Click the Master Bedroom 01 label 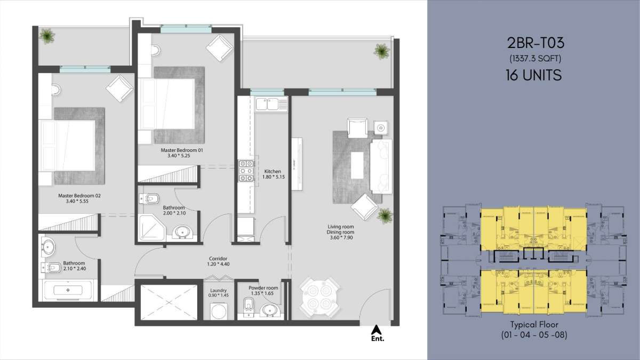(182, 150)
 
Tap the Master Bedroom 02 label (79, 196)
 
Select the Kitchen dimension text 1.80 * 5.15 (274, 177)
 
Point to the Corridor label (218, 259)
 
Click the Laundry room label (218, 290)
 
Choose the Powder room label (263, 288)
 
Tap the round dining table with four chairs (319, 298)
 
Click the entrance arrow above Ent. (377, 330)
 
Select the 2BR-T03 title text (535, 43)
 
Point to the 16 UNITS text (534, 75)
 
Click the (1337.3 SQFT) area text (535, 59)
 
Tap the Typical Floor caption (534, 325)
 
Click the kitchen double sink (267, 104)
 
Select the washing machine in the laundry (219, 311)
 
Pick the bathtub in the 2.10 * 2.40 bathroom (68, 290)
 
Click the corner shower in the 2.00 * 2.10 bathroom (151, 227)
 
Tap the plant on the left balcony (47, 36)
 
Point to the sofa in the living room (381, 167)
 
